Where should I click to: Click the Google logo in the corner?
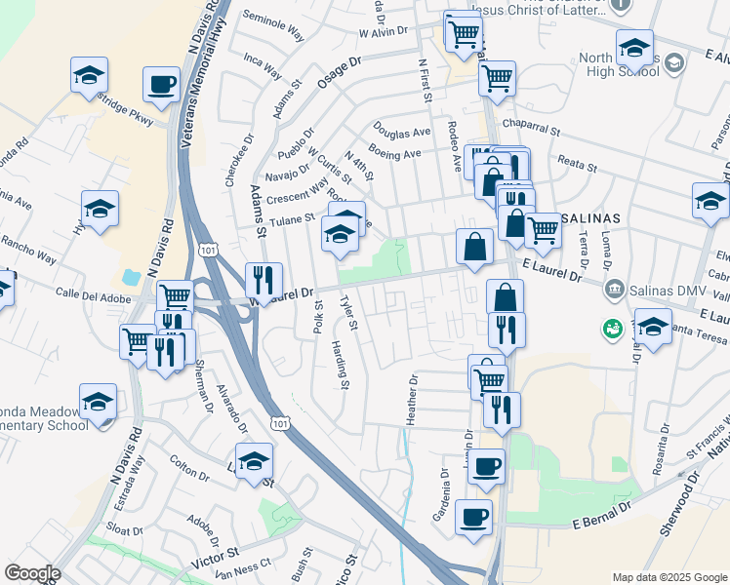[x=31, y=572]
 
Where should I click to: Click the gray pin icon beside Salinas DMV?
[x=614, y=289]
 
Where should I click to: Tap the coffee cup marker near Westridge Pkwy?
[x=162, y=84]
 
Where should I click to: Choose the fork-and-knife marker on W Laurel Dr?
[x=263, y=281]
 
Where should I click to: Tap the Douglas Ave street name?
[x=401, y=132]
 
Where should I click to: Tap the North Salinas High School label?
[x=619, y=64]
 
